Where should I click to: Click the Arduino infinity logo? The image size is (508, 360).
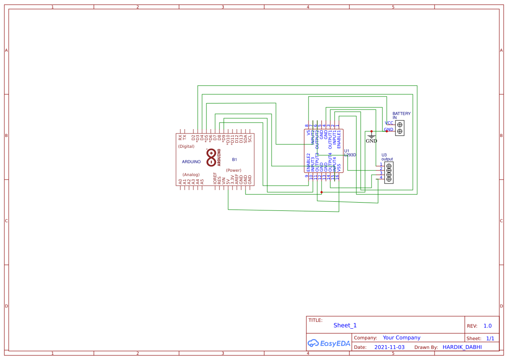tap(211, 157)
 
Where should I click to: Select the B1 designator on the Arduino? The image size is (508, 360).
tap(235, 160)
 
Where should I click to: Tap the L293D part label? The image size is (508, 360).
tap(350, 155)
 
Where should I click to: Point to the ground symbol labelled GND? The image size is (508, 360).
tap(372, 138)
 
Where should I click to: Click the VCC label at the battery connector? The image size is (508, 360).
tap(389, 123)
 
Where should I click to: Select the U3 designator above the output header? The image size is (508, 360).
tap(384, 155)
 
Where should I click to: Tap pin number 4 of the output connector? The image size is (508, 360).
tap(381, 177)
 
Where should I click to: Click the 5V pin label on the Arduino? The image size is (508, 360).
tap(228, 180)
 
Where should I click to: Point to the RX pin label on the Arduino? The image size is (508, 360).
tap(180, 137)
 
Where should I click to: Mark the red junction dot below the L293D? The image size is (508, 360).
tap(322, 192)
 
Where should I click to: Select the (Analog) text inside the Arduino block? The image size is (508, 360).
tap(191, 174)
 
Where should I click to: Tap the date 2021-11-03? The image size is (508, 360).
tap(389, 347)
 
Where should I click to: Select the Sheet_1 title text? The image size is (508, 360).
tap(345, 325)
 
